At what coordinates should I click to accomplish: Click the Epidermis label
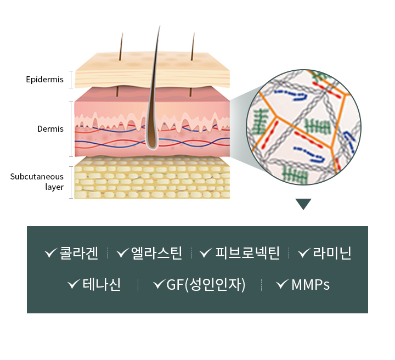click(44, 80)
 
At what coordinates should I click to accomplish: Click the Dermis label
click(50, 130)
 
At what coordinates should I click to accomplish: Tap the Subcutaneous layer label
click(37, 182)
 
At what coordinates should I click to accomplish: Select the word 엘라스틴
click(156, 253)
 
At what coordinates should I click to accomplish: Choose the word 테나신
click(101, 285)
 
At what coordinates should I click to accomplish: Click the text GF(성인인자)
click(206, 285)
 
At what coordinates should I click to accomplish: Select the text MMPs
click(311, 285)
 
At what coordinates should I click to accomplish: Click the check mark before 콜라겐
click(51, 253)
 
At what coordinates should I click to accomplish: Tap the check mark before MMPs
click(283, 285)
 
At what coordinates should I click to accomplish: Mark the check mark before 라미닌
click(304, 253)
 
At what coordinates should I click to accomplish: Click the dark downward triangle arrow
click(303, 204)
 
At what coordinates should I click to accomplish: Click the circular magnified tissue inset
click(303, 127)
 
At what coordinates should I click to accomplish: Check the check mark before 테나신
click(74, 285)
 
